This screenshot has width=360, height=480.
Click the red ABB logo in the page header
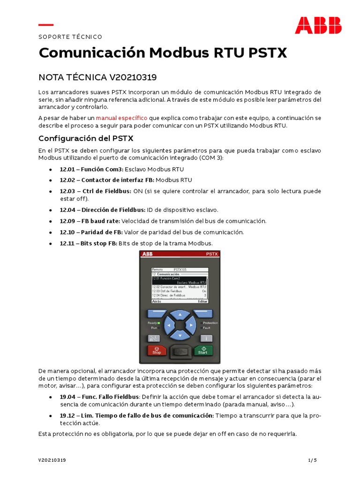(318, 25)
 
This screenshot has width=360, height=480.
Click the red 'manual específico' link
(121, 118)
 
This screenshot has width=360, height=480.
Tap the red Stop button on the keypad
(157, 350)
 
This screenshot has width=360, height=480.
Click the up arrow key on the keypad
(180, 315)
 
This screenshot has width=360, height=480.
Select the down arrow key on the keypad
(180, 335)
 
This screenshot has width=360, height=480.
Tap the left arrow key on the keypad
(169, 324)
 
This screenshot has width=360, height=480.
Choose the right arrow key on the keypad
(190, 324)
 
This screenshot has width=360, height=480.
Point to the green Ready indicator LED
(159, 323)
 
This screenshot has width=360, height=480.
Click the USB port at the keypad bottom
(180, 352)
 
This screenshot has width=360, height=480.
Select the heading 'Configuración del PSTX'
(86, 138)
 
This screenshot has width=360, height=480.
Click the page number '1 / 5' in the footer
(313, 460)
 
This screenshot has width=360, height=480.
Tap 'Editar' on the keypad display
(202, 302)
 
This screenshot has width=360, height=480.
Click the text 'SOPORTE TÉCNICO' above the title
(70, 37)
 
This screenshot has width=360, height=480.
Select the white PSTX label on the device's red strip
(212, 254)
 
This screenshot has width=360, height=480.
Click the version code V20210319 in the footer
(52, 460)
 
